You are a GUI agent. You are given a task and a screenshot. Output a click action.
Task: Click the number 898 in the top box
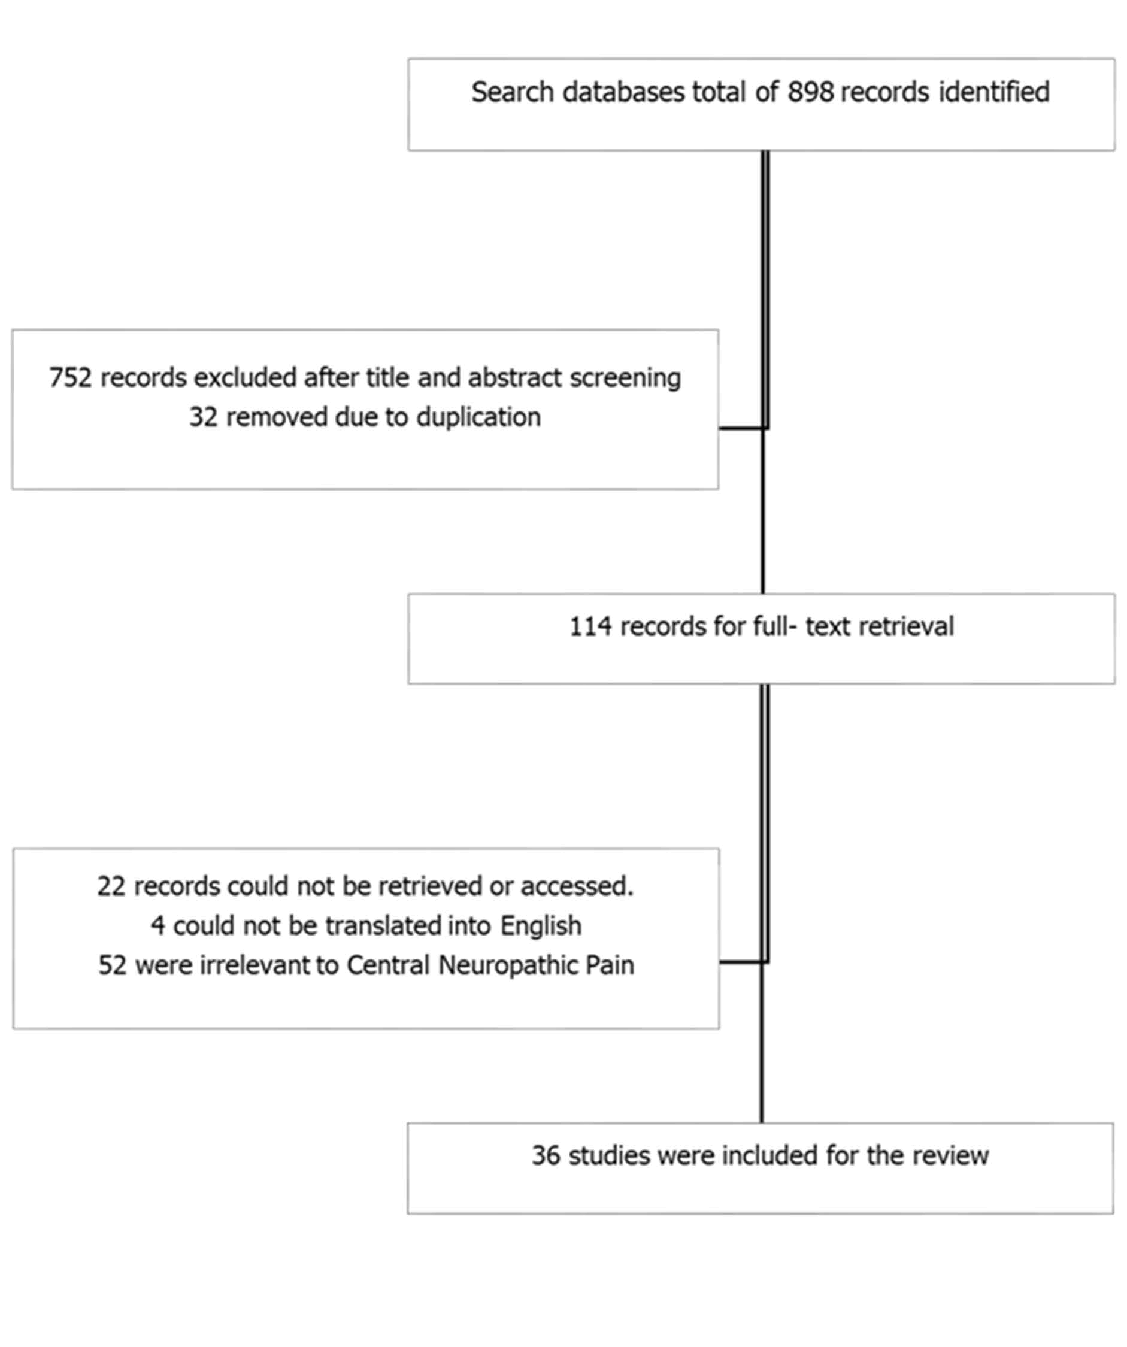click(811, 92)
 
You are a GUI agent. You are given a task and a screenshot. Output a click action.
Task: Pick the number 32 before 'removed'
click(204, 417)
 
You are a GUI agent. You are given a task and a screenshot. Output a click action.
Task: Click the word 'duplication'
click(478, 417)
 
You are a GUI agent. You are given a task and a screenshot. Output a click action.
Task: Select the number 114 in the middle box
click(590, 626)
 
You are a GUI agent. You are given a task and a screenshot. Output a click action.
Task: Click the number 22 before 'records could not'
click(111, 886)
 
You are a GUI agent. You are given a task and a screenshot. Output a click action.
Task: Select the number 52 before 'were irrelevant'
click(112, 965)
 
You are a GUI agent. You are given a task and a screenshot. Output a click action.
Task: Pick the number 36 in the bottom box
click(546, 1156)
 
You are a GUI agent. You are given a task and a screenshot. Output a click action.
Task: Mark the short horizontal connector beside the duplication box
click(743, 428)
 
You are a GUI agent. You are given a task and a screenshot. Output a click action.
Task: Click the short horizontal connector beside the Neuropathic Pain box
click(743, 962)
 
